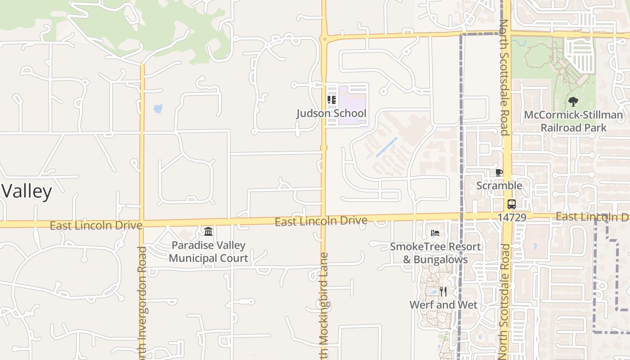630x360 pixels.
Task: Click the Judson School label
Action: pos(331,113)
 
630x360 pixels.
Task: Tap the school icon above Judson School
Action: pos(332,100)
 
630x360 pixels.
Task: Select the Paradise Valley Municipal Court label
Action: pos(208,252)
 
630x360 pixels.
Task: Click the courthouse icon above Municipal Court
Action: pos(208,232)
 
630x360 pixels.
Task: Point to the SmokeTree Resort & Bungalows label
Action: pos(435,253)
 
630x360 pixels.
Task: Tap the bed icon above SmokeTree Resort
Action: pos(435,233)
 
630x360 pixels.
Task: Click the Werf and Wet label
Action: pos(443,305)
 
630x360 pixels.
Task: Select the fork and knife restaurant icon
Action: pos(443,292)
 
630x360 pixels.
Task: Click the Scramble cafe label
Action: pos(499,185)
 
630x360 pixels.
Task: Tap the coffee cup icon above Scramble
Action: pos(499,172)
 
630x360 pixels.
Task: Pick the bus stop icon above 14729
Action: pos(512,204)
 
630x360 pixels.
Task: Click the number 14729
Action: pos(512,217)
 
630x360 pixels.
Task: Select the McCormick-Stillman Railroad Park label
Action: pos(573,121)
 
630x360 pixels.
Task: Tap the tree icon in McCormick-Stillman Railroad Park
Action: pos(573,102)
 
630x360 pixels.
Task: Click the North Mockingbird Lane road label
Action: pos(324,306)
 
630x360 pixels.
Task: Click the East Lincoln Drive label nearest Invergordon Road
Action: pos(96,225)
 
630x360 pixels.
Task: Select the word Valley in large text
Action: pos(27,191)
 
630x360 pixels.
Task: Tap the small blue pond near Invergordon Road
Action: pos(157,108)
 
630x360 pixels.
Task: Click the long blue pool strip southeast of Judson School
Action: pos(387,147)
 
